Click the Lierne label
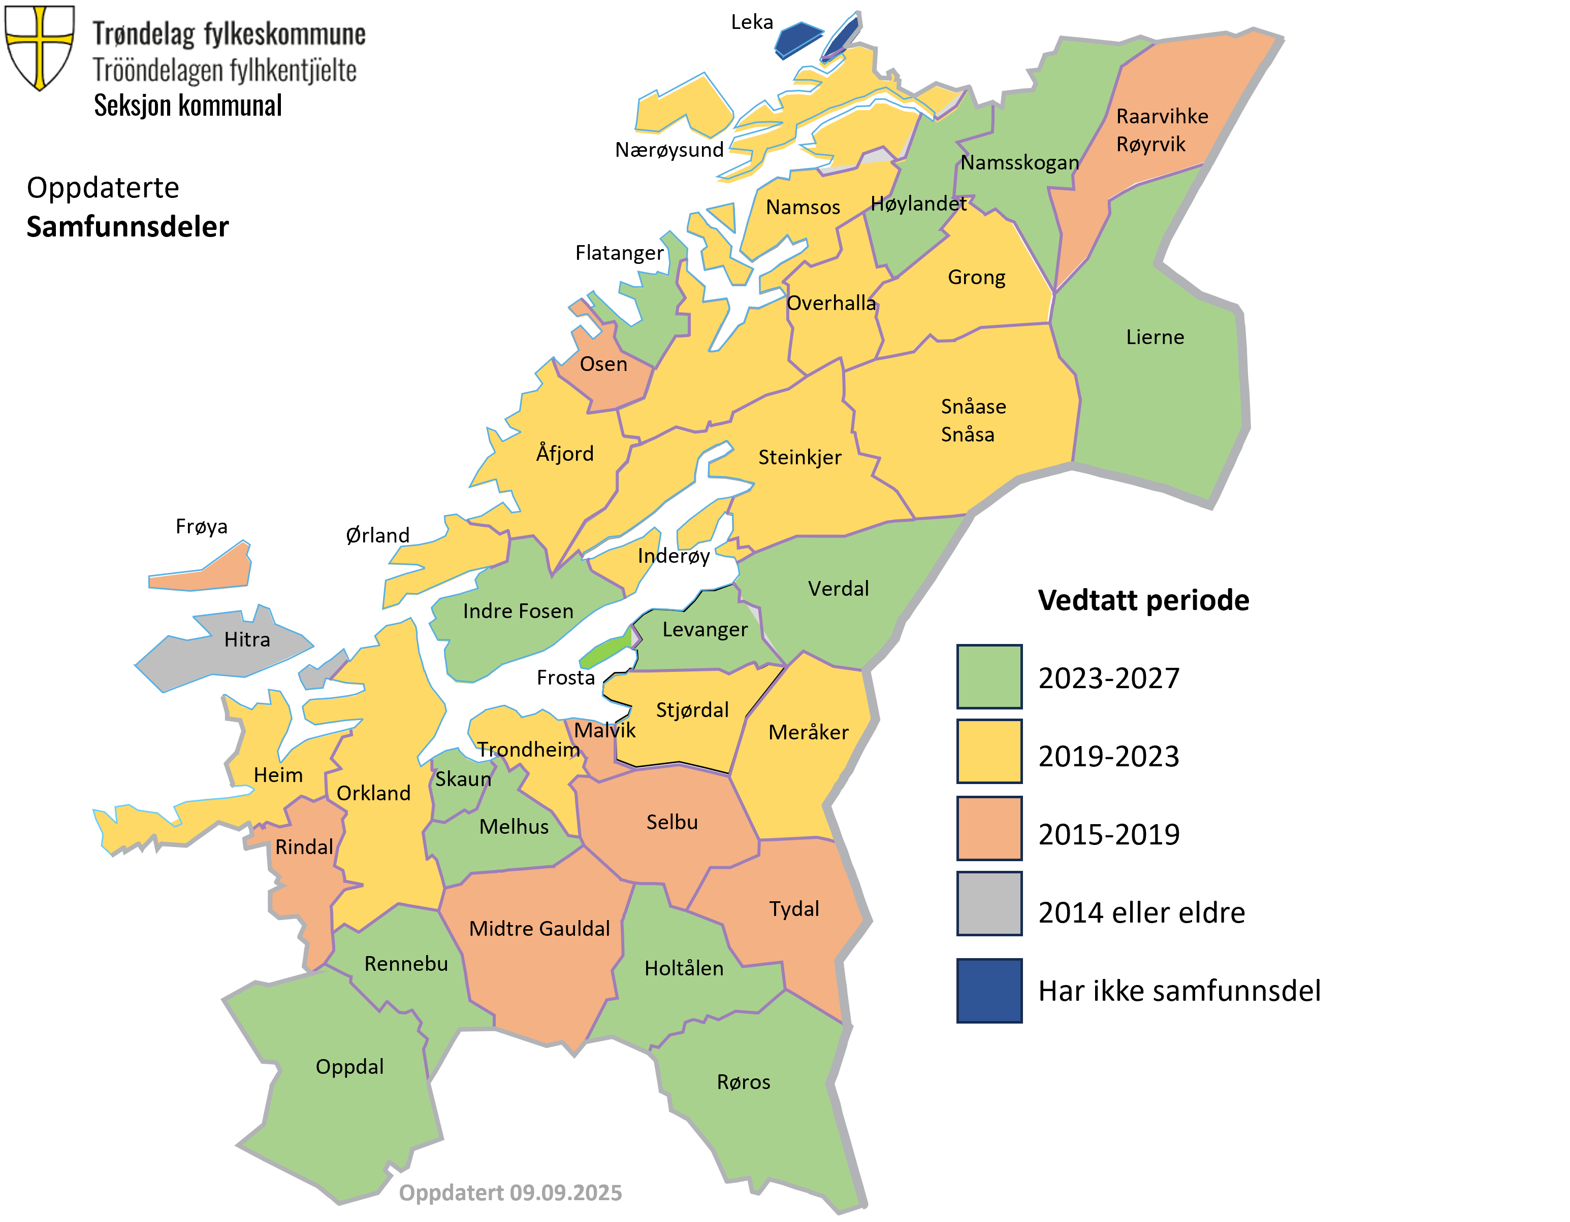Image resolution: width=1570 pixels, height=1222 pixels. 1155,337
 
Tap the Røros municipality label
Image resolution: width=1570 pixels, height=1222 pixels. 743,1082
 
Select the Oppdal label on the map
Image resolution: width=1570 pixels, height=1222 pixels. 349,1067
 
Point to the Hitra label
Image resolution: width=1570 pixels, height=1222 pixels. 246,639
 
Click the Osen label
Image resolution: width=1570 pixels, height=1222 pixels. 603,364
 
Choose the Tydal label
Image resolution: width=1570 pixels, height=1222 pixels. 793,909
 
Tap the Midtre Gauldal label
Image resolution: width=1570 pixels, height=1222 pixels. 539,929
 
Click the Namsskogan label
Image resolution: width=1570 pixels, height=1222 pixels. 1019,163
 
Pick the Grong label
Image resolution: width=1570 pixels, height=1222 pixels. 976,277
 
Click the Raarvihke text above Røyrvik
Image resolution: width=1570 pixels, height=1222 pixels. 1162,116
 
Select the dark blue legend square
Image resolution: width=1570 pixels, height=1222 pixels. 989,990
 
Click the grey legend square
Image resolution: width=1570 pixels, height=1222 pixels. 989,903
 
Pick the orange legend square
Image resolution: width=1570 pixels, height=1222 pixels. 989,828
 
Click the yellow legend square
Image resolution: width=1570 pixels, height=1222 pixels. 989,752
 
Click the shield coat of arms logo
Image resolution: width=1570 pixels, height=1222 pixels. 40,45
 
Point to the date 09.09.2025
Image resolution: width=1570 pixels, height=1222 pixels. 566,1193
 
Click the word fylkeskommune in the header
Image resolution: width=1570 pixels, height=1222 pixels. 284,35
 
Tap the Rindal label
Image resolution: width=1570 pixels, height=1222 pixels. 304,847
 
